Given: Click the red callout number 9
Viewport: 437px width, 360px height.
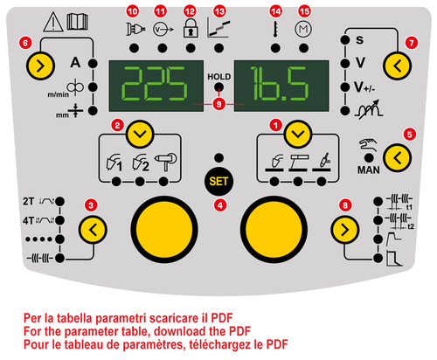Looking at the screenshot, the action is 218,104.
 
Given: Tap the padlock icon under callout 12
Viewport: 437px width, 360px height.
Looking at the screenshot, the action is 191,28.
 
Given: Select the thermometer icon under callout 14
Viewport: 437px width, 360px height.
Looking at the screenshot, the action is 275,29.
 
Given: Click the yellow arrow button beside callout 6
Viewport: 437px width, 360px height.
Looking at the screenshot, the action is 40,66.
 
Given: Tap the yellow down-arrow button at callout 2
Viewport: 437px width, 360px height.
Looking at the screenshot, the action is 140,135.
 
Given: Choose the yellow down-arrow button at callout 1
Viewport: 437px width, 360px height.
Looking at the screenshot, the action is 298,135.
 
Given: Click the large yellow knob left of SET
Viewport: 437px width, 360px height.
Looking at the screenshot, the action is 164,230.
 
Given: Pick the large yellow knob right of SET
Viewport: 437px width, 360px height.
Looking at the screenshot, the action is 274,230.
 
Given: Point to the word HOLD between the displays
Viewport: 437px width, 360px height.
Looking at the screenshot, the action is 218,77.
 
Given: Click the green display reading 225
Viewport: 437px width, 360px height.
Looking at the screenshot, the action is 156,86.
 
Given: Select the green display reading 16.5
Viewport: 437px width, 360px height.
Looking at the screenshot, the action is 281,86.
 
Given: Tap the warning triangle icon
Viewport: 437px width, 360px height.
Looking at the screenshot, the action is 53,22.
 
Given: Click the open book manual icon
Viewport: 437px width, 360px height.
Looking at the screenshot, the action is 77,21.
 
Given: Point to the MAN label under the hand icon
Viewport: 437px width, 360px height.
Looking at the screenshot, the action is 369,170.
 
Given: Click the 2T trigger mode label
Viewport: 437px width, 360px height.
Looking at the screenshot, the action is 29,201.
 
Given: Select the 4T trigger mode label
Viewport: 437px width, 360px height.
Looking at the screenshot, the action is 29,220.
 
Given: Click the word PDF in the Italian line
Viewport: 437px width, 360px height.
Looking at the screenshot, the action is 222,318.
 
